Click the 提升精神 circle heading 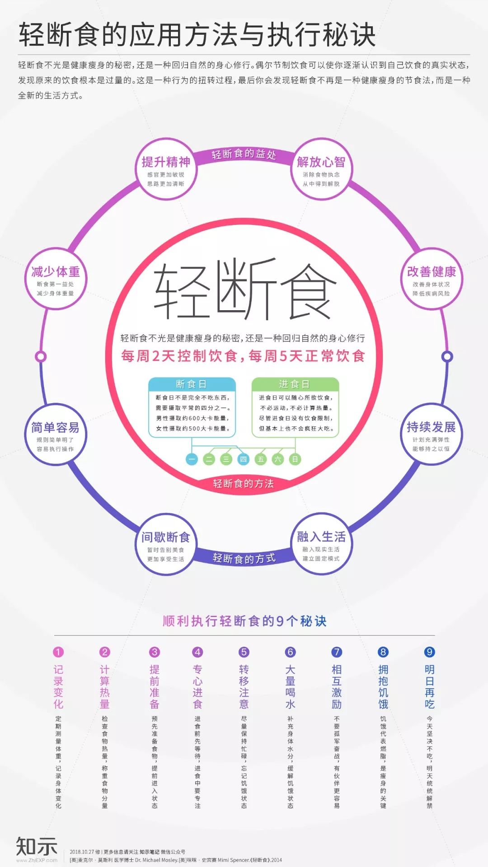(x=166, y=162)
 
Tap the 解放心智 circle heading (x=321, y=162)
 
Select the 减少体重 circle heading (x=56, y=271)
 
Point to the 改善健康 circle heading (x=432, y=271)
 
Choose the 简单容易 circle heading (x=55, y=427)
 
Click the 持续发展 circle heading (x=431, y=427)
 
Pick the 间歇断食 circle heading (x=166, y=537)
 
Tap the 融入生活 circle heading (x=321, y=536)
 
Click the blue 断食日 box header (x=192, y=384)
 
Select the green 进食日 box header (x=295, y=384)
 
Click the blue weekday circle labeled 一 (x=192, y=459)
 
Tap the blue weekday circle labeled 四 (x=243, y=459)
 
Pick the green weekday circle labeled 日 (x=295, y=459)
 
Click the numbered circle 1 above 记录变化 (x=58, y=652)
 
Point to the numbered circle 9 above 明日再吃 (x=429, y=652)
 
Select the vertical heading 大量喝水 (x=290, y=686)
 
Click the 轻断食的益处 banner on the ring (x=244, y=154)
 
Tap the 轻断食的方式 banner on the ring (x=244, y=559)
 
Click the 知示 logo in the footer (x=37, y=846)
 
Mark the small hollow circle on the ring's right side (x=447, y=356)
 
